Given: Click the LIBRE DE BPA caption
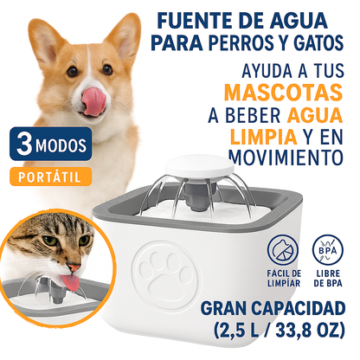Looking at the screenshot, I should pos(328,279).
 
